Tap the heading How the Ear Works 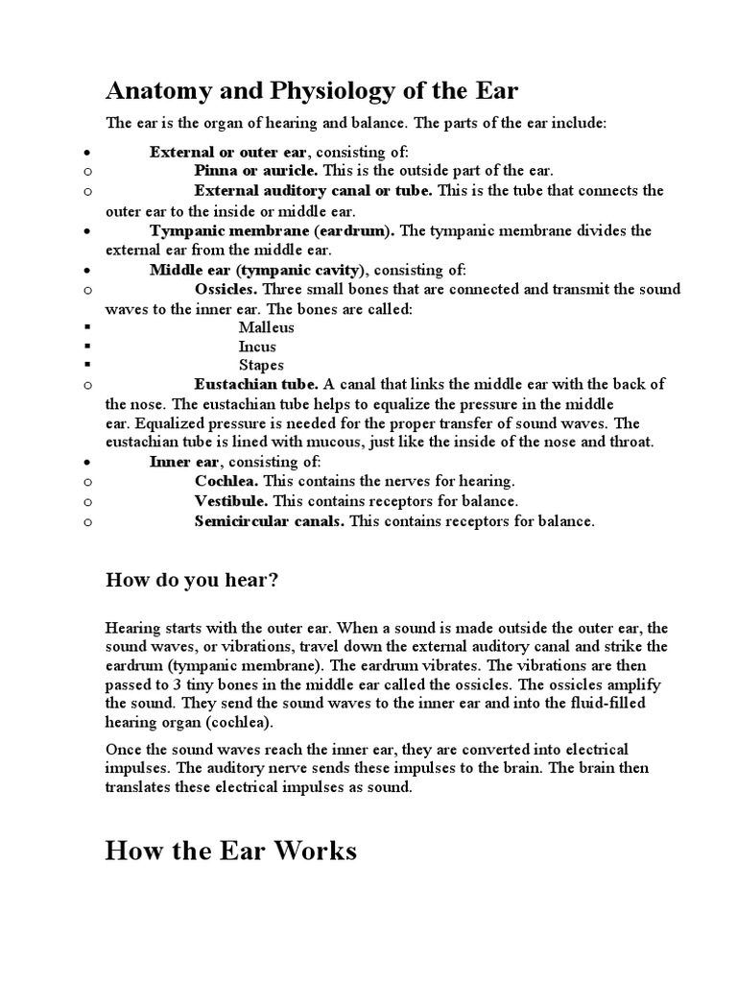pyautogui.click(x=230, y=851)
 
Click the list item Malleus pyautogui.click(x=267, y=327)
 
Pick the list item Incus pyautogui.click(x=257, y=347)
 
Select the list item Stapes pyautogui.click(x=261, y=366)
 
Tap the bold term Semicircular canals pyautogui.click(x=270, y=521)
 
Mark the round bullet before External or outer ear pyautogui.click(x=87, y=152)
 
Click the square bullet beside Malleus pyautogui.click(x=87, y=328)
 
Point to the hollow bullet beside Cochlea pyautogui.click(x=87, y=482)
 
